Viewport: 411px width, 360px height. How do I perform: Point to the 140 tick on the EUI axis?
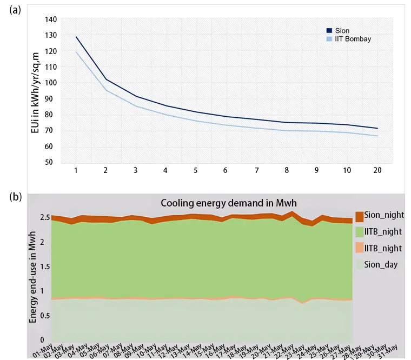coord(50,19)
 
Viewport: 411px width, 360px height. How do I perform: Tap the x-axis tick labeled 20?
coord(377,170)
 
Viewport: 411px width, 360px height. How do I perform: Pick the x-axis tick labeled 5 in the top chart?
coord(196,170)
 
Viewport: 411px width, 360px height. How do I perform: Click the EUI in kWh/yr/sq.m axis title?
coord(36,90)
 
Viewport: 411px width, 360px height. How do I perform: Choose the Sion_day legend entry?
coord(382,265)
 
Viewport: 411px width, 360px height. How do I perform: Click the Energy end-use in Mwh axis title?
coord(33,277)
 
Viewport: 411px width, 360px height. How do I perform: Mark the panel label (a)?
coord(16,10)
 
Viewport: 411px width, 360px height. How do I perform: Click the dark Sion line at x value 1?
coord(76,37)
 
